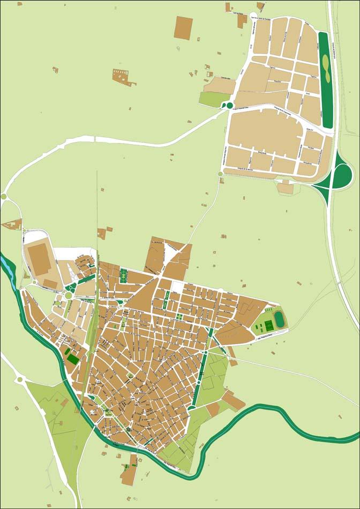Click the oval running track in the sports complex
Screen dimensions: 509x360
tap(279, 320)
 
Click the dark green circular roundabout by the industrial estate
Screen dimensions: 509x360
tap(230, 106)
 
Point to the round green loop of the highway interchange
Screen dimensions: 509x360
tap(342, 175)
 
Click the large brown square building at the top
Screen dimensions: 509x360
tap(183, 27)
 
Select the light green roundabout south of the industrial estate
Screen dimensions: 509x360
tap(220, 174)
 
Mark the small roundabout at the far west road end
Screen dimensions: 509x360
tap(4, 197)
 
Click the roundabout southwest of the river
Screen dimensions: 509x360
tap(20, 379)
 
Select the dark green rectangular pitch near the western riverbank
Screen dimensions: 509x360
tap(72, 358)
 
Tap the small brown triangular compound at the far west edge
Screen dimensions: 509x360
tap(11, 224)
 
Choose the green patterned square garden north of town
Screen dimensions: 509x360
tap(124, 276)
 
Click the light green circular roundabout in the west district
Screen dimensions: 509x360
tap(69, 295)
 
